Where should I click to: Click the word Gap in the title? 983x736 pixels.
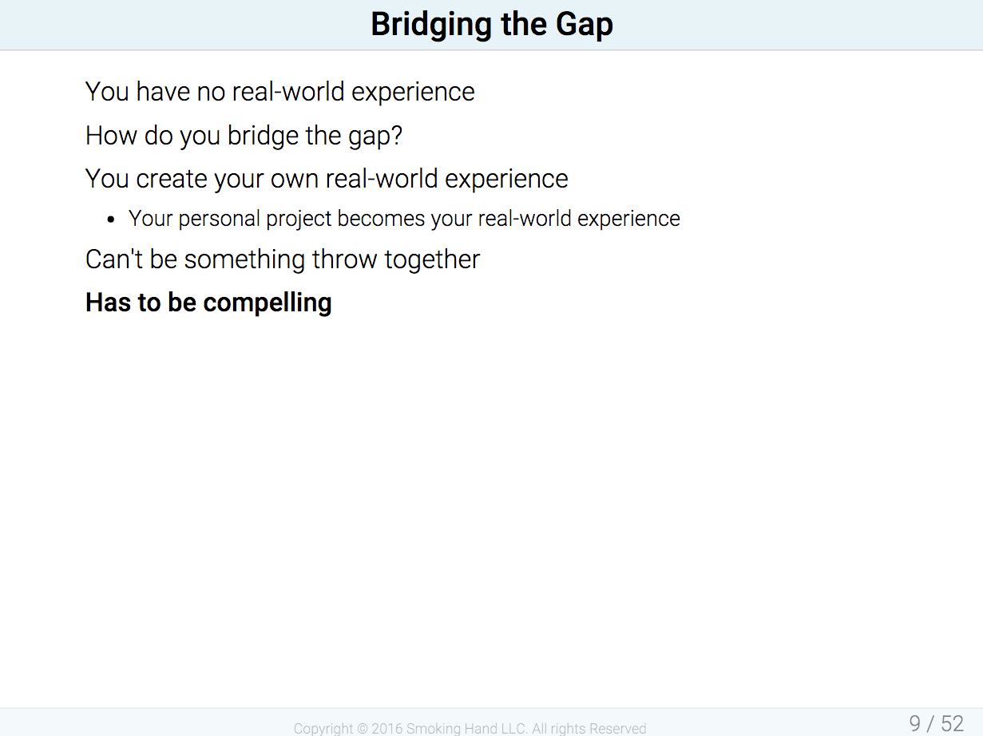pos(585,25)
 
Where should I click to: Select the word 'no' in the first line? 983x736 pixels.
pos(211,93)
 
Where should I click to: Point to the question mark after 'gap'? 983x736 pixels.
pos(396,135)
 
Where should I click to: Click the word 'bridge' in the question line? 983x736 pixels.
pos(263,136)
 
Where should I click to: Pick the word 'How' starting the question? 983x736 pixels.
pos(111,136)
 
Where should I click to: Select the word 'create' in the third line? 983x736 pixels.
pos(171,179)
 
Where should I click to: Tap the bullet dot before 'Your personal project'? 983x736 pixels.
pos(111,220)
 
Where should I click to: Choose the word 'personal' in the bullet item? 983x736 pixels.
pos(219,220)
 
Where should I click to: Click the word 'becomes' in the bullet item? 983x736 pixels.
pos(381,219)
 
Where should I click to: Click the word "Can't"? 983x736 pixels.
pos(113,259)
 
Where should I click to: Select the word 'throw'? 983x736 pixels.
pos(344,259)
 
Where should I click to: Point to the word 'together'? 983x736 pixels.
pos(432,259)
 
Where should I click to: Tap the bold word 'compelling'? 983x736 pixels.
pos(268,303)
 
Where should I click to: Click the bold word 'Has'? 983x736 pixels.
pos(108,303)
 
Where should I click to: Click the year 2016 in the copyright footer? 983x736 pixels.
pos(387,728)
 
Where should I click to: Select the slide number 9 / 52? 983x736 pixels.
pos(936,724)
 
